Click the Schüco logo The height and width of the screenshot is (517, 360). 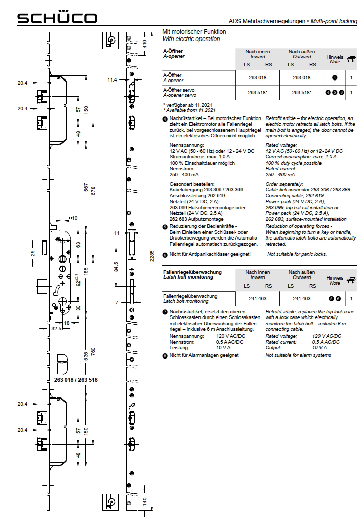click(57, 18)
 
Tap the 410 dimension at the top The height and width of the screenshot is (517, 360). click(144, 44)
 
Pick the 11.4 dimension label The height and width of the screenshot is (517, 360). click(112, 80)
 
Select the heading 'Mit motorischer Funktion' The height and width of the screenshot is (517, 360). click(194, 32)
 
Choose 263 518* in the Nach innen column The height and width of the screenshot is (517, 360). click(258, 93)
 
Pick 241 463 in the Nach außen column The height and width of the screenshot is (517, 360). click(302, 299)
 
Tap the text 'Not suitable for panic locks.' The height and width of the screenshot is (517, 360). click(297, 254)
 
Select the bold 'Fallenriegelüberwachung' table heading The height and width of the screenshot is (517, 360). click(192, 272)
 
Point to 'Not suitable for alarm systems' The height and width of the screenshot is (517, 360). click(298, 355)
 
